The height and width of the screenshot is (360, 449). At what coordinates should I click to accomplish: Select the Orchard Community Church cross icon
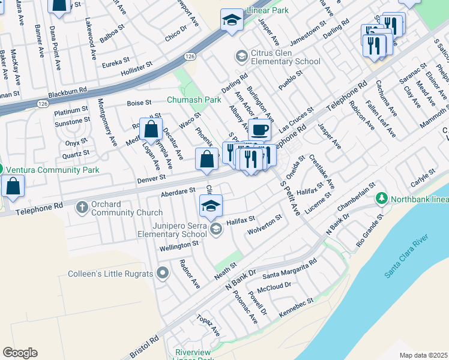click(82, 208)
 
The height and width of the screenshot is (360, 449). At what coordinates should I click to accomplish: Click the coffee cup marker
click(259, 130)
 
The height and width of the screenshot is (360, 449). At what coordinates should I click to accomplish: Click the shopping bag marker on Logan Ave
click(151, 129)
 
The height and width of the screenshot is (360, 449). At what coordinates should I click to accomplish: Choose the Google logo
click(20, 353)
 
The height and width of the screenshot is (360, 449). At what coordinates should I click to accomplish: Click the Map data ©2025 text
click(423, 355)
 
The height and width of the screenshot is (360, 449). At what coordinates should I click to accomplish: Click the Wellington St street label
click(179, 244)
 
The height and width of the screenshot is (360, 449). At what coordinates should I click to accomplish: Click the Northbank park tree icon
click(381, 199)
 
